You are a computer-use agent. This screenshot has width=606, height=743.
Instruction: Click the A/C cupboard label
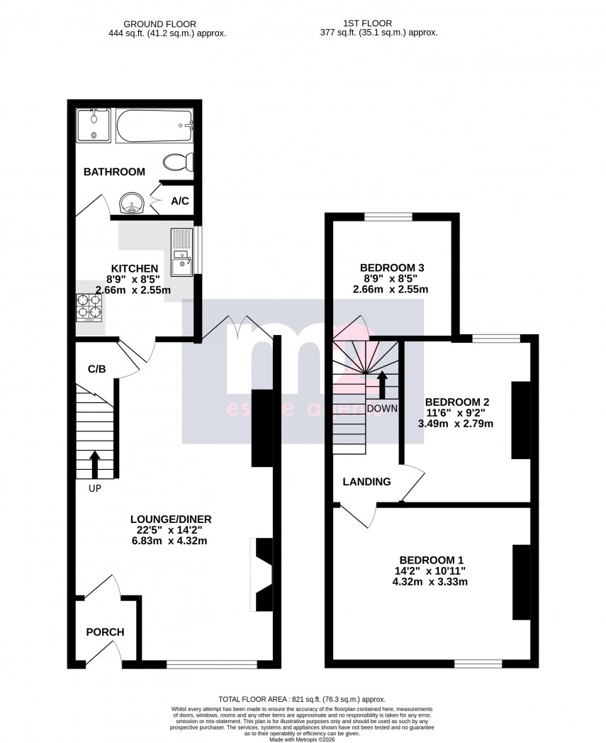[180, 202]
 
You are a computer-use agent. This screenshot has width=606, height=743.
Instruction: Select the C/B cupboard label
[96, 369]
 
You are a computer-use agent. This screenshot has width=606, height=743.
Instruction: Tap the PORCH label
[105, 632]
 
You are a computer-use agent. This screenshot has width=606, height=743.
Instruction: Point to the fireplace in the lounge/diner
[262, 575]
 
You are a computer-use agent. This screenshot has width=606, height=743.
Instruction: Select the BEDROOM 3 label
[391, 268]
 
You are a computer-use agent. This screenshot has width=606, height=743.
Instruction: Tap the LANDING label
[366, 482]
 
